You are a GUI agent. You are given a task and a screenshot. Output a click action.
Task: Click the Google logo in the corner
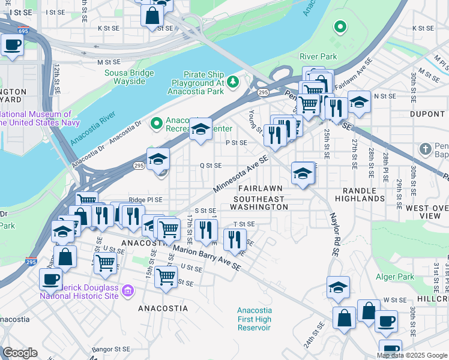(20, 353)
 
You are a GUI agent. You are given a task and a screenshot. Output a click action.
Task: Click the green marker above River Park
(340, 26)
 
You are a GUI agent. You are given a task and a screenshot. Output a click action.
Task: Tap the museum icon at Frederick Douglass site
(127, 292)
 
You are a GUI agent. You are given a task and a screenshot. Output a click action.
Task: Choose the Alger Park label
(398, 277)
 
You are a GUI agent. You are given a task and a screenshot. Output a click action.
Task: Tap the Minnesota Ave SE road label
(241, 175)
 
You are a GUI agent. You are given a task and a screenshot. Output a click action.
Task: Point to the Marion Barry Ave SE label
(206, 256)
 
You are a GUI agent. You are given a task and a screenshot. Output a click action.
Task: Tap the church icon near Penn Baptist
(426, 148)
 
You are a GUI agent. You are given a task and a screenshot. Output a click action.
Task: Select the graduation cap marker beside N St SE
(359, 103)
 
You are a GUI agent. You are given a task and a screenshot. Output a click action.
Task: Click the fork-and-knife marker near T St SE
(235, 240)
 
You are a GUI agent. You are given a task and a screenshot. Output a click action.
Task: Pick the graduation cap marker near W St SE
(339, 288)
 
